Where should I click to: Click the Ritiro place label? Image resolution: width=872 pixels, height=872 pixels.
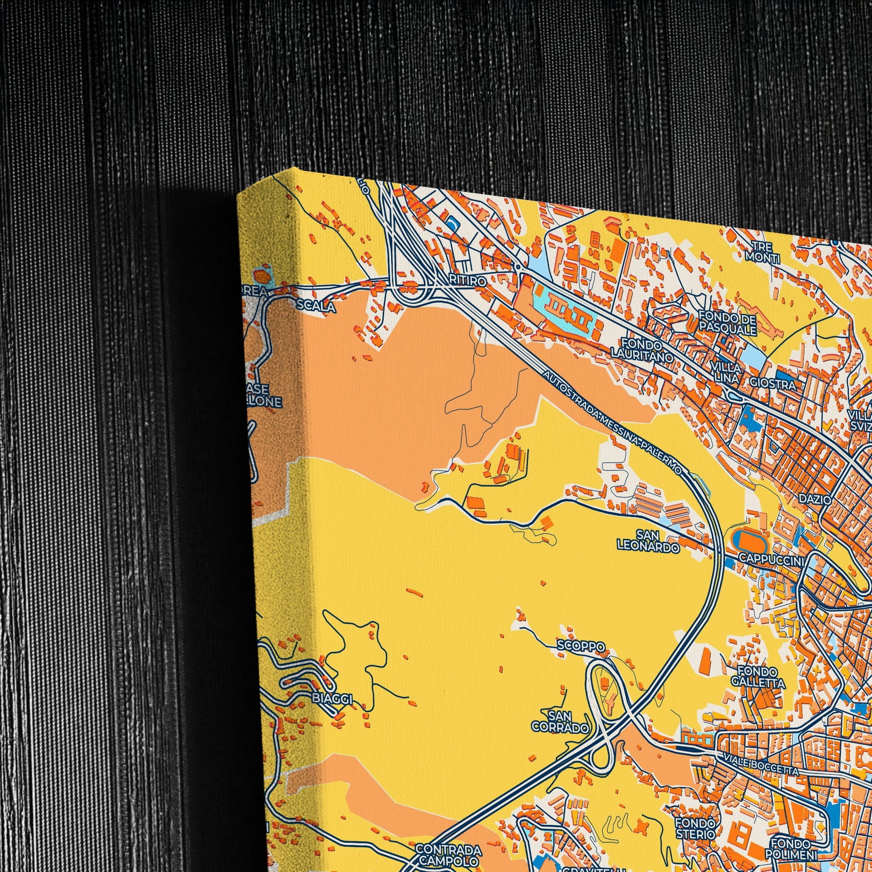click(x=468, y=281)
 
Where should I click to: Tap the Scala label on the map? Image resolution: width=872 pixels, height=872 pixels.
click(x=316, y=306)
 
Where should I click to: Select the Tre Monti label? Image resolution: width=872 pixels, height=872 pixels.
click(x=762, y=252)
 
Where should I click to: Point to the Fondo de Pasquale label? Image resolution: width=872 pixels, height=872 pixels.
click(x=728, y=322)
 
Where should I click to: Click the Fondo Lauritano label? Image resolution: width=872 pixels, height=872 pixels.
click(x=641, y=350)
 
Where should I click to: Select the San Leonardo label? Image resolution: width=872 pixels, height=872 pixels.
click(x=648, y=541)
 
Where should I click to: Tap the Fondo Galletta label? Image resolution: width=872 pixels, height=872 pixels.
click(x=758, y=677)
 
